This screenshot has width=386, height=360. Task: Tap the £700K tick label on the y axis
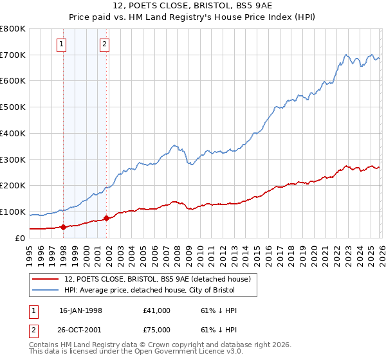[13, 55]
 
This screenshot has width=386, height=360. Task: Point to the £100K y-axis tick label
[13, 212]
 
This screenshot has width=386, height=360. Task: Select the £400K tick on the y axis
[13, 134]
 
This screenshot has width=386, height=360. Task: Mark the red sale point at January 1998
[64, 227]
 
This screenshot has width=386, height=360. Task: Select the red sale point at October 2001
[107, 218]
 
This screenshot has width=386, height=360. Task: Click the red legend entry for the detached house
[161, 278]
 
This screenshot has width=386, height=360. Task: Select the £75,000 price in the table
[157, 329]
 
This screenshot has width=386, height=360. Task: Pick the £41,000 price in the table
[157, 310]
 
